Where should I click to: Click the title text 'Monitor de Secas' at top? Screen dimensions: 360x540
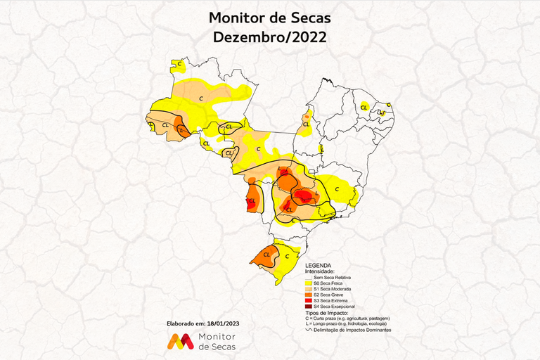click(x=270, y=18)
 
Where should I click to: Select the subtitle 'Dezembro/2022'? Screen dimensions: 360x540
click(x=270, y=37)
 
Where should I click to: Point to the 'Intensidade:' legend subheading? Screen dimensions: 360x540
click(x=320, y=271)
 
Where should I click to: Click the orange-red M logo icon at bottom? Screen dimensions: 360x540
click(x=180, y=342)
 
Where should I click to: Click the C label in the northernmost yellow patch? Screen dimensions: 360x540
click(x=179, y=65)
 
